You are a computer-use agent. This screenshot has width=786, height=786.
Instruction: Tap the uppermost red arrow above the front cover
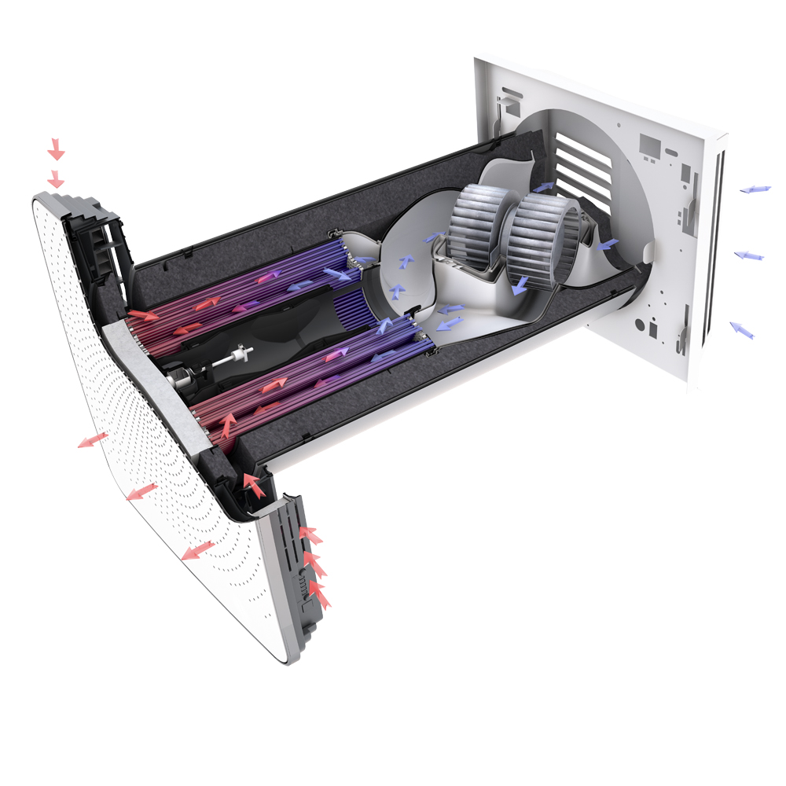pyautogui.click(x=55, y=149)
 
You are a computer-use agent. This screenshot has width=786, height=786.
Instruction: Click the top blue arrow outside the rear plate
pyautogui.click(x=755, y=189)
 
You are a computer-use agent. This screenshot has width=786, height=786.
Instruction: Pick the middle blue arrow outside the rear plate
pyautogui.click(x=749, y=255)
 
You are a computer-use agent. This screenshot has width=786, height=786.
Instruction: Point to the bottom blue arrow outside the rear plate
pyautogui.click(x=742, y=329)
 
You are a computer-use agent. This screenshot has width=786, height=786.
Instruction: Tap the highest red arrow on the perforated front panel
pyautogui.click(x=93, y=440)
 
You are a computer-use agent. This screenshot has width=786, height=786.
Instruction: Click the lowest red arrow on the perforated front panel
pyautogui.click(x=197, y=550)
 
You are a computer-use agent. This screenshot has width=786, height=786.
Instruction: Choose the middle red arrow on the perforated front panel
pyautogui.click(x=142, y=492)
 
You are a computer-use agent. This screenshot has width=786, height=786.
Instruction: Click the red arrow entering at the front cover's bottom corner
pyautogui.click(x=252, y=484)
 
